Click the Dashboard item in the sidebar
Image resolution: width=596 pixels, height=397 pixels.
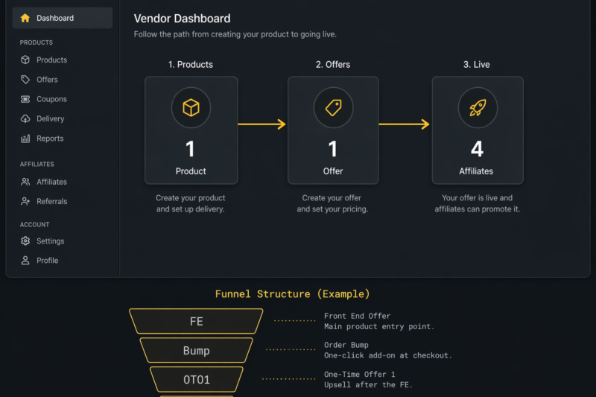click(54, 18)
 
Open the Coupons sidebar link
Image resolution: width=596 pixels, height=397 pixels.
click(51, 99)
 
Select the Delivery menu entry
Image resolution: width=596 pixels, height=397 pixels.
click(50, 118)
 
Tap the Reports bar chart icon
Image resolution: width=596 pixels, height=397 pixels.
click(25, 139)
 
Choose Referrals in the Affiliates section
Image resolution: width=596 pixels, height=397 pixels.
click(51, 201)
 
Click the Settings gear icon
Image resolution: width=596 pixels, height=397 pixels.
click(25, 241)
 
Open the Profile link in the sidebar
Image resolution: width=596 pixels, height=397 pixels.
click(47, 261)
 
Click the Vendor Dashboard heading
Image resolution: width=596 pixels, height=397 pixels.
click(182, 19)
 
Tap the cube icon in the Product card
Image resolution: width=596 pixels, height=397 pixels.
click(191, 109)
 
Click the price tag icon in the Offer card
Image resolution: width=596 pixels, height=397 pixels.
click(333, 109)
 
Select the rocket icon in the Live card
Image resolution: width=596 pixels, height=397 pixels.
click(477, 109)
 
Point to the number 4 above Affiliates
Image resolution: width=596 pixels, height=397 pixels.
click(477, 149)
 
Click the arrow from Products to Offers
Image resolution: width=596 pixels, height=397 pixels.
click(262, 124)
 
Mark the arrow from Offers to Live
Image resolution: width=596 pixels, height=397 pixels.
click(405, 124)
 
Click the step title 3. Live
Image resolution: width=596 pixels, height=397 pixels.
click(476, 65)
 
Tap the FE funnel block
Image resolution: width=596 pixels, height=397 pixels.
click(196, 322)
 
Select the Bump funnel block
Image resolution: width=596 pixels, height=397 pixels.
click(196, 351)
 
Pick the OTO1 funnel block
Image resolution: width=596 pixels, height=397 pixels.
click(196, 379)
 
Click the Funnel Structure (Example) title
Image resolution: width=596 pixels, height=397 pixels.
click(292, 294)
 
